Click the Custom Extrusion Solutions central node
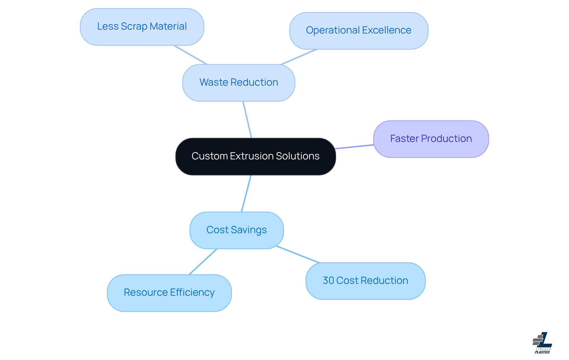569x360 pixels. pyautogui.click(x=255, y=156)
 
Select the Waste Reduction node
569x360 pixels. pyautogui.click(x=239, y=83)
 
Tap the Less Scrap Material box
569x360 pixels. pyautogui.click(x=142, y=27)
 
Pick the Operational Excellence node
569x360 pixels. pyautogui.click(x=359, y=31)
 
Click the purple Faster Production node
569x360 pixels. pyautogui.click(x=431, y=139)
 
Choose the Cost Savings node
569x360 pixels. pyautogui.click(x=236, y=230)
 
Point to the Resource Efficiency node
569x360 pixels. pyautogui.click(x=169, y=293)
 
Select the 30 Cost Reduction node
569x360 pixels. pyautogui.click(x=365, y=281)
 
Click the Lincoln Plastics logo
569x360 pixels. pyautogui.click(x=542, y=343)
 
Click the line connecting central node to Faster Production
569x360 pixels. pyautogui.click(x=354, y=147)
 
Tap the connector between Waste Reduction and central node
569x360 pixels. pyautogui.click(x=247, y=119)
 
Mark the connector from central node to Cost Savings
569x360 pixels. pyautogui.click(x=246, y=193)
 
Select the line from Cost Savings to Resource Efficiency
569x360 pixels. pyautogui.click(x=203, y=262)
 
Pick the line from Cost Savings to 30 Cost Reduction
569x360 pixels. pyautogui.click(x=298, y=254)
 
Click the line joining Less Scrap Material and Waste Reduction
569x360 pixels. pyautogui.click(x=190, y=55)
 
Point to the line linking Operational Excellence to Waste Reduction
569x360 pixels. pyautogui.click(x=299, y=57)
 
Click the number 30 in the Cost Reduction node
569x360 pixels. pyautogui.click(x=328, y=281)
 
